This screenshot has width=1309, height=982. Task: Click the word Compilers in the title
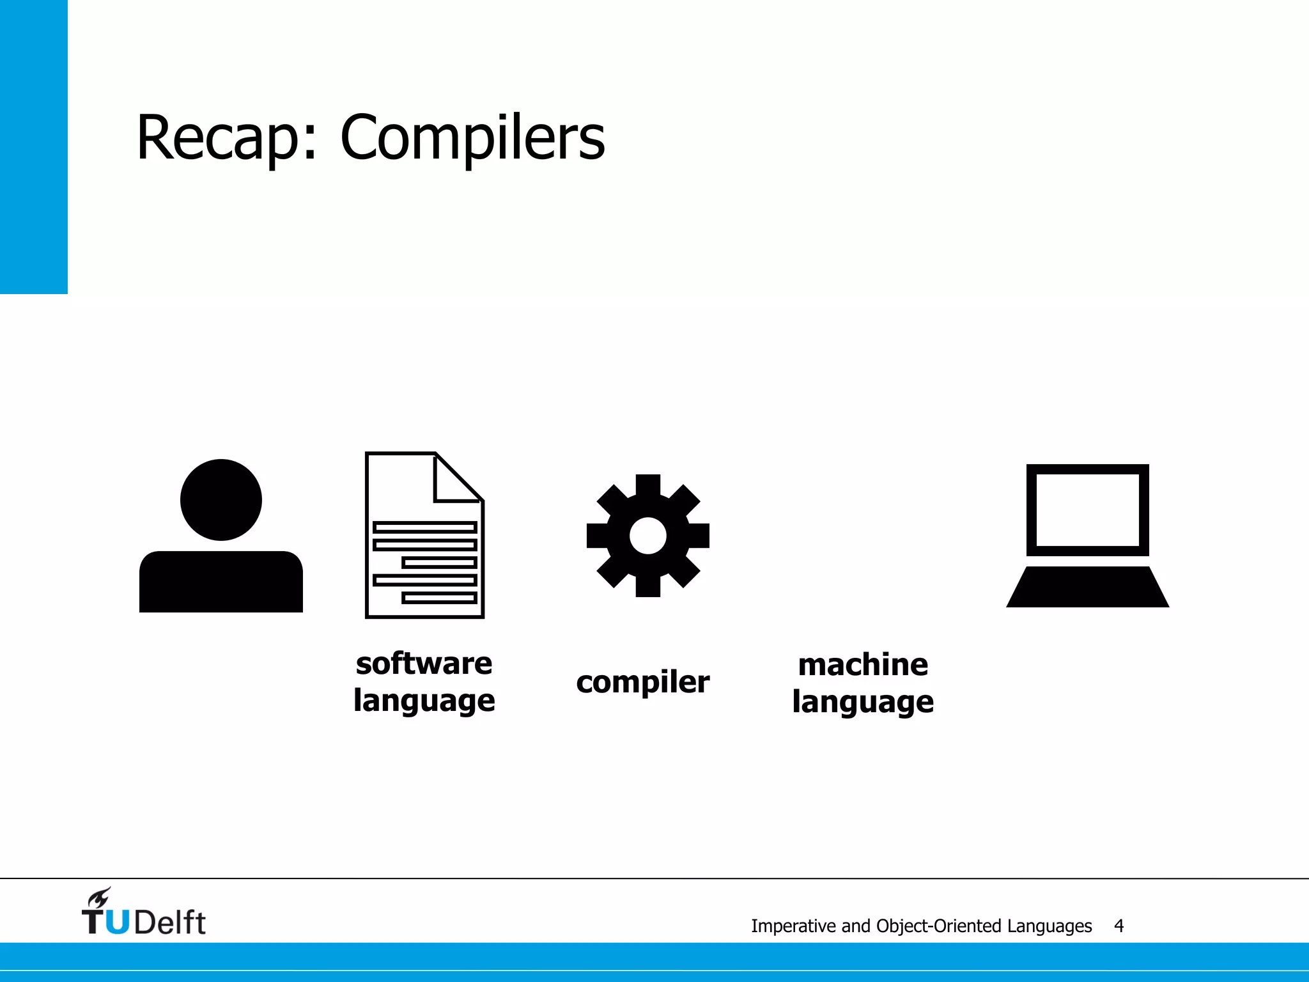click(x=472, y=138)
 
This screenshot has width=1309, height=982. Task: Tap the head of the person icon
click(x=221, y=499)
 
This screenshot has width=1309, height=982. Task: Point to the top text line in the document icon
click(x=425, y=527)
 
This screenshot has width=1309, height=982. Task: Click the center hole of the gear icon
click(x=647, y=536)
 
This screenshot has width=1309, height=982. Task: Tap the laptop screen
click(x=1087, y=510)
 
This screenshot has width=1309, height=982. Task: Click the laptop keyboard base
click(x=1087, y=587)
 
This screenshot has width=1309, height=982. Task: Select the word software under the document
click(x=424, y=664)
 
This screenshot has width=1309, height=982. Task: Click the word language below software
click(x=424, y=701)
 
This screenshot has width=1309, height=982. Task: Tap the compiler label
click(x=642, y=682)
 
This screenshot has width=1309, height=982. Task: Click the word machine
click(x=863, y=665)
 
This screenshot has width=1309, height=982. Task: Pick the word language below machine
click(x=863, y=702)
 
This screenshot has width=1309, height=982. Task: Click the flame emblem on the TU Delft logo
click(x=99, y=898)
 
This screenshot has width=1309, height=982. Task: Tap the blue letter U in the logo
click(x=117, y=922)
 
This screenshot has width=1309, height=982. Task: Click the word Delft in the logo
click(x=170, y=922)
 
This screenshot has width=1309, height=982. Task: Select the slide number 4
click(x=1119, y=926)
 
